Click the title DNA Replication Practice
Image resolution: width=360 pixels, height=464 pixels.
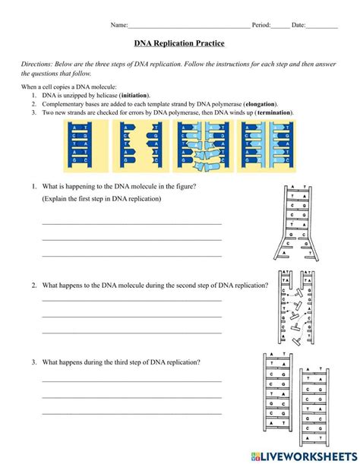[x=179, y=44]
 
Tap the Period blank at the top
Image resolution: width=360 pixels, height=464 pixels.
[x=280, y=26]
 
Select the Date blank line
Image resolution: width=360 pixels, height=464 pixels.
[x=322, y=26]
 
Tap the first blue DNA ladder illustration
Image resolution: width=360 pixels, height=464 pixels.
[x=79, y=146]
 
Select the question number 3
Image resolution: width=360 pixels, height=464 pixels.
[x=34, y=362]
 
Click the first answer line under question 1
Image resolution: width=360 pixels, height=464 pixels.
[x=131, y=223]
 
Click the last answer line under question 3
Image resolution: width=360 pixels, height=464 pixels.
[x=131, y=412]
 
